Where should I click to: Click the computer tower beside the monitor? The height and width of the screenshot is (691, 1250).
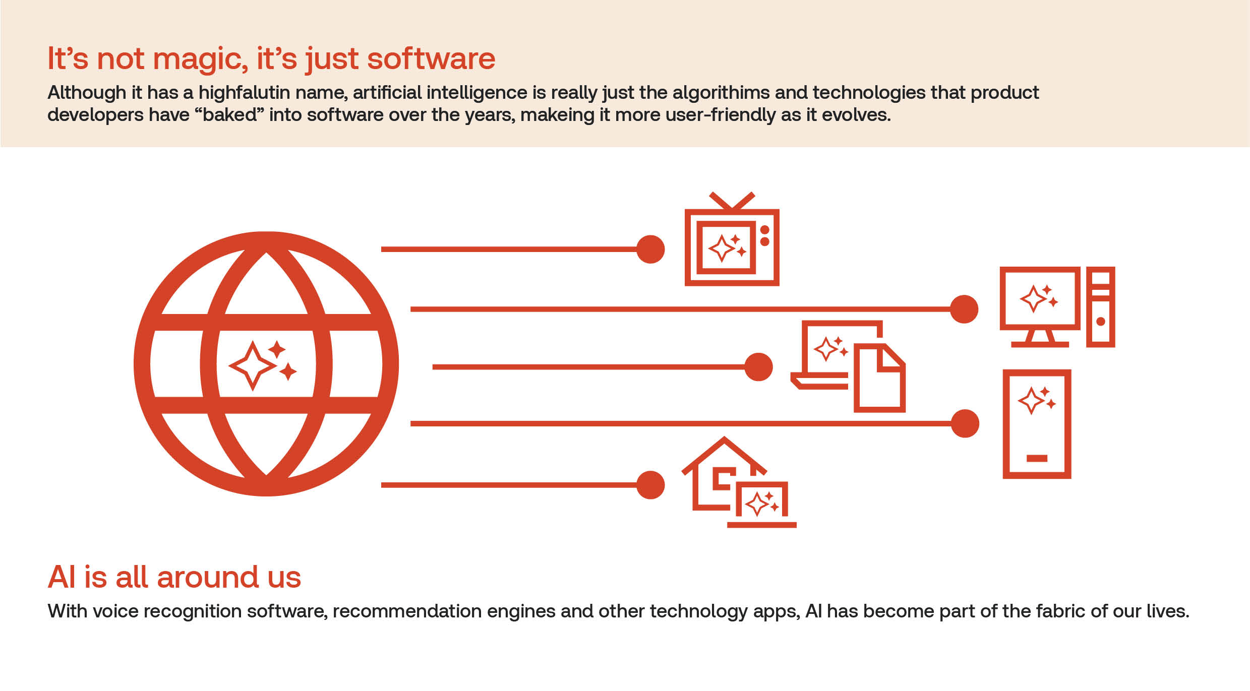click(x=1100, y=307)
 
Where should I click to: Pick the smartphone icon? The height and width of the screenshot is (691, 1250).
click(x=1037, y=424)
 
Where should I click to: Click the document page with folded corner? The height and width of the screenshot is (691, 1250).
click(x=879, y=378)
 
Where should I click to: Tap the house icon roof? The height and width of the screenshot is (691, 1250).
click(x=724, y=454)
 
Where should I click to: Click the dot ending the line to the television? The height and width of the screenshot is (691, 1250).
click(x=650, y=249)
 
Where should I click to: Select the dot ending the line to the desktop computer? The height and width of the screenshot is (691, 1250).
click(x=964, y=309)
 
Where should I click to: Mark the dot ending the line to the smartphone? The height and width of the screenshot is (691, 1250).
click(x=965, y=423)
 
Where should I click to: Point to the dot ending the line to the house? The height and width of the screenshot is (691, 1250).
click(x=650, y=485)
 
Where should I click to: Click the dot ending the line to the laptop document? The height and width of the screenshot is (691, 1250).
click(x=758, y=367)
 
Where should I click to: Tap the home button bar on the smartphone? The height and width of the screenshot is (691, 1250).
click(x=1037, y=458)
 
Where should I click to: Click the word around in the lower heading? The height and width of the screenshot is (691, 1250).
click(x=208, y=578)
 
